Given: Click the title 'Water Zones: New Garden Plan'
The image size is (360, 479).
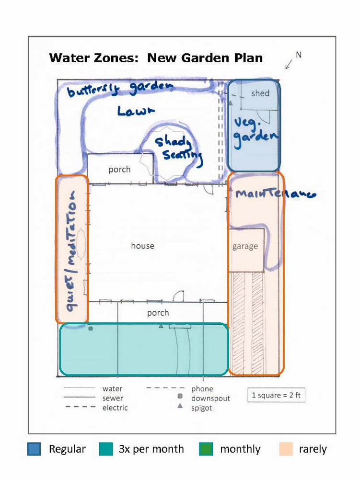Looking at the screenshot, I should point(156,58).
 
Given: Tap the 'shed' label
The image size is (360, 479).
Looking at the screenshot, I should point(260,93).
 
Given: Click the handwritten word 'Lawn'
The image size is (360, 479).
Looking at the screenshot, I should point(136,111).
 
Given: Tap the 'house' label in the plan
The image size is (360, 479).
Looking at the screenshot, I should point(143,246).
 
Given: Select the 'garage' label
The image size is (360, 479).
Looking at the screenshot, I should point(245,246).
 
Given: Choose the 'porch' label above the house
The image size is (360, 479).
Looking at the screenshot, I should point(119,169).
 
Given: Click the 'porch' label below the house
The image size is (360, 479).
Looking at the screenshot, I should point(158,313).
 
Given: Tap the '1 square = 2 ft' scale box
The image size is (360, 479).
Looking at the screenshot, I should point(276,395).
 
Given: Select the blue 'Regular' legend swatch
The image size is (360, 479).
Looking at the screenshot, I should point(34,449).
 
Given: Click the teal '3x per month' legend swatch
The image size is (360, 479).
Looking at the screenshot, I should point(105,449).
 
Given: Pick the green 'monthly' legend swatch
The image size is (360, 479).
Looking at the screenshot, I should point(206,449).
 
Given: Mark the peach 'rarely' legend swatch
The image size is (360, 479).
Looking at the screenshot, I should point(286,449).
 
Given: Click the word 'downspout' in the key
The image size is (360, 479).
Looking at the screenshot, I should point(210,399).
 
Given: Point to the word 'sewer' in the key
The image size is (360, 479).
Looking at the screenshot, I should point(113,398).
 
